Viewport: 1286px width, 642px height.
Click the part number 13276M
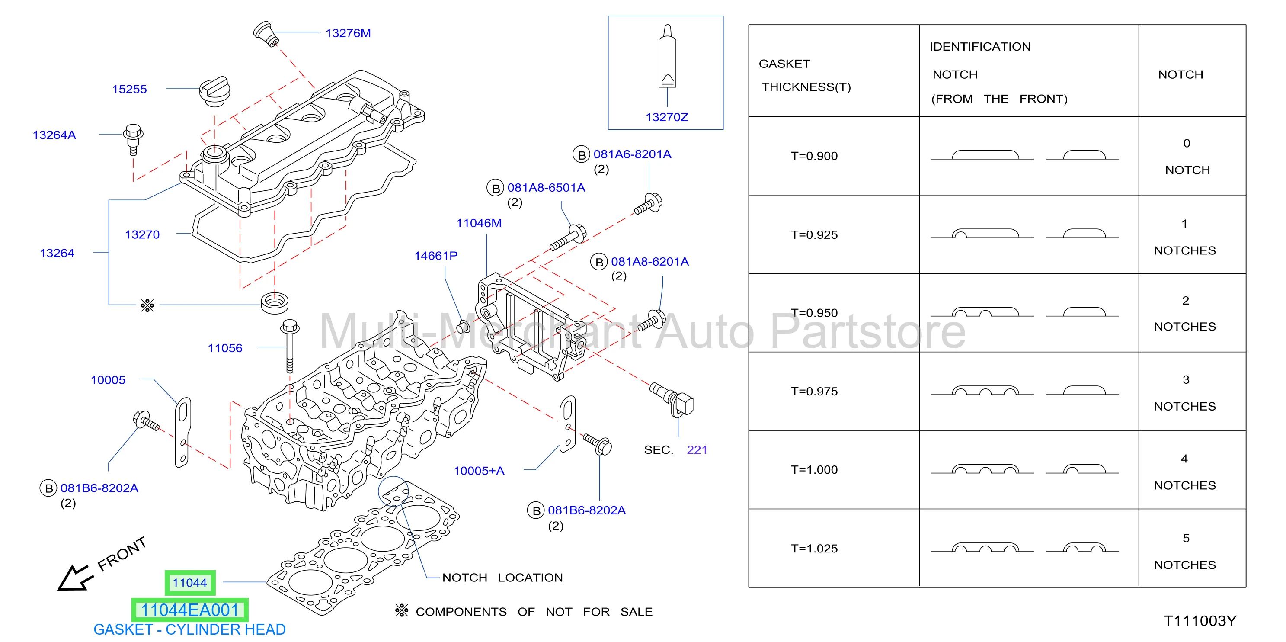(x=348, y=33)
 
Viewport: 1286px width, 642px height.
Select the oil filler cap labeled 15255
(x=214, y=91)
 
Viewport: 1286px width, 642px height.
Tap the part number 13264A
(x=54, y=135)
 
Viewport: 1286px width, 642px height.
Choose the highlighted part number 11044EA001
(x=190, y=610)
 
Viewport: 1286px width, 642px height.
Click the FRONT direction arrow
(x=75, y=578)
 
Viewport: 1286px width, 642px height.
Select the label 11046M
(x=478, y=223)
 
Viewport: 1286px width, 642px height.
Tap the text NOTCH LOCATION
(x=502, y=578)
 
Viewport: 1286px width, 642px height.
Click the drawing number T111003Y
(x=1200, y=621)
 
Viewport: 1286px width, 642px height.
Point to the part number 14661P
(x=435, y=255)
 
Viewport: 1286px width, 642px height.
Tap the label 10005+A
(x=479, y=471)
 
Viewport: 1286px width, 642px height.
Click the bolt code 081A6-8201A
(x=632, y=154)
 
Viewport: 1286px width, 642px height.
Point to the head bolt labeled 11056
(x=290, y=346)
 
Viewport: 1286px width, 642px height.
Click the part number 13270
(x=142, y=234)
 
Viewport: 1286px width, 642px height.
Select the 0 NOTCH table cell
(x=1187, y=156)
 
